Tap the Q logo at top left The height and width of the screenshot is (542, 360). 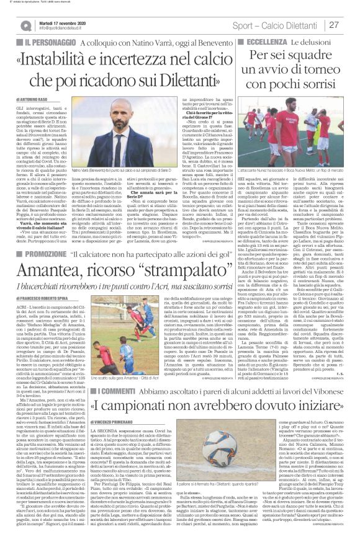pos(25,25)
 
